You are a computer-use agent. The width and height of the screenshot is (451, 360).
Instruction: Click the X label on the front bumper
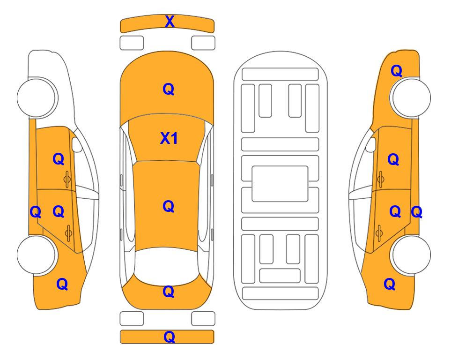[x=170, y=22]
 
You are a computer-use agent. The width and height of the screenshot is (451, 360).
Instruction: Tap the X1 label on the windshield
[x=169, y=138]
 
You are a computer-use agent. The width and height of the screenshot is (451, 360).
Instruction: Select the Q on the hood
[x=169, y=89]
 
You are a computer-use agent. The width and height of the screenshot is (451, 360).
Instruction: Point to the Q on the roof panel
[x=169, y=206]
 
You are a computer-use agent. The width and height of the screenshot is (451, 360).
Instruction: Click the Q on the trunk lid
[x=169, y=292]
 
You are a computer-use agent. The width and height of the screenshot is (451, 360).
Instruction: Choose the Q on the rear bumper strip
[x=169, y=337]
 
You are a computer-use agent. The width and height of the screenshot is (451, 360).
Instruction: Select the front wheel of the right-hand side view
[x=410, y=97]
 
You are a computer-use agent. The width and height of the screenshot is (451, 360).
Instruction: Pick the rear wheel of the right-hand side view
[x=410, y=255]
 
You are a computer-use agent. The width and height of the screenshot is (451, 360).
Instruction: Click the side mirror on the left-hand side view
[x=76, y=144]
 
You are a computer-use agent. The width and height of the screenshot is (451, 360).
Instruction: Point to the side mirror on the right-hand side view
[x=370, y=144]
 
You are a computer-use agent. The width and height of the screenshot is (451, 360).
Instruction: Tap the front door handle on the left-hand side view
[x=67, y=179]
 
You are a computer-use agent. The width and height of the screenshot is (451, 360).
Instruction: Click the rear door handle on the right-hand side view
[x=379, y=233]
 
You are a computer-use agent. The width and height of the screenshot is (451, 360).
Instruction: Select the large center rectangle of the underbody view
[x=280, y=184]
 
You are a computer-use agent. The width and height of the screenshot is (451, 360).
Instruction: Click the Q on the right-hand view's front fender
[x=396, y=71]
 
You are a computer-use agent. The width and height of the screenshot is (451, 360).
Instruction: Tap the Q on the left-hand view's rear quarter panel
[x=62, y=284]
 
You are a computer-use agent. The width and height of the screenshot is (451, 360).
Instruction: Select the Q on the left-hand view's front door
[x=59, y=159]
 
